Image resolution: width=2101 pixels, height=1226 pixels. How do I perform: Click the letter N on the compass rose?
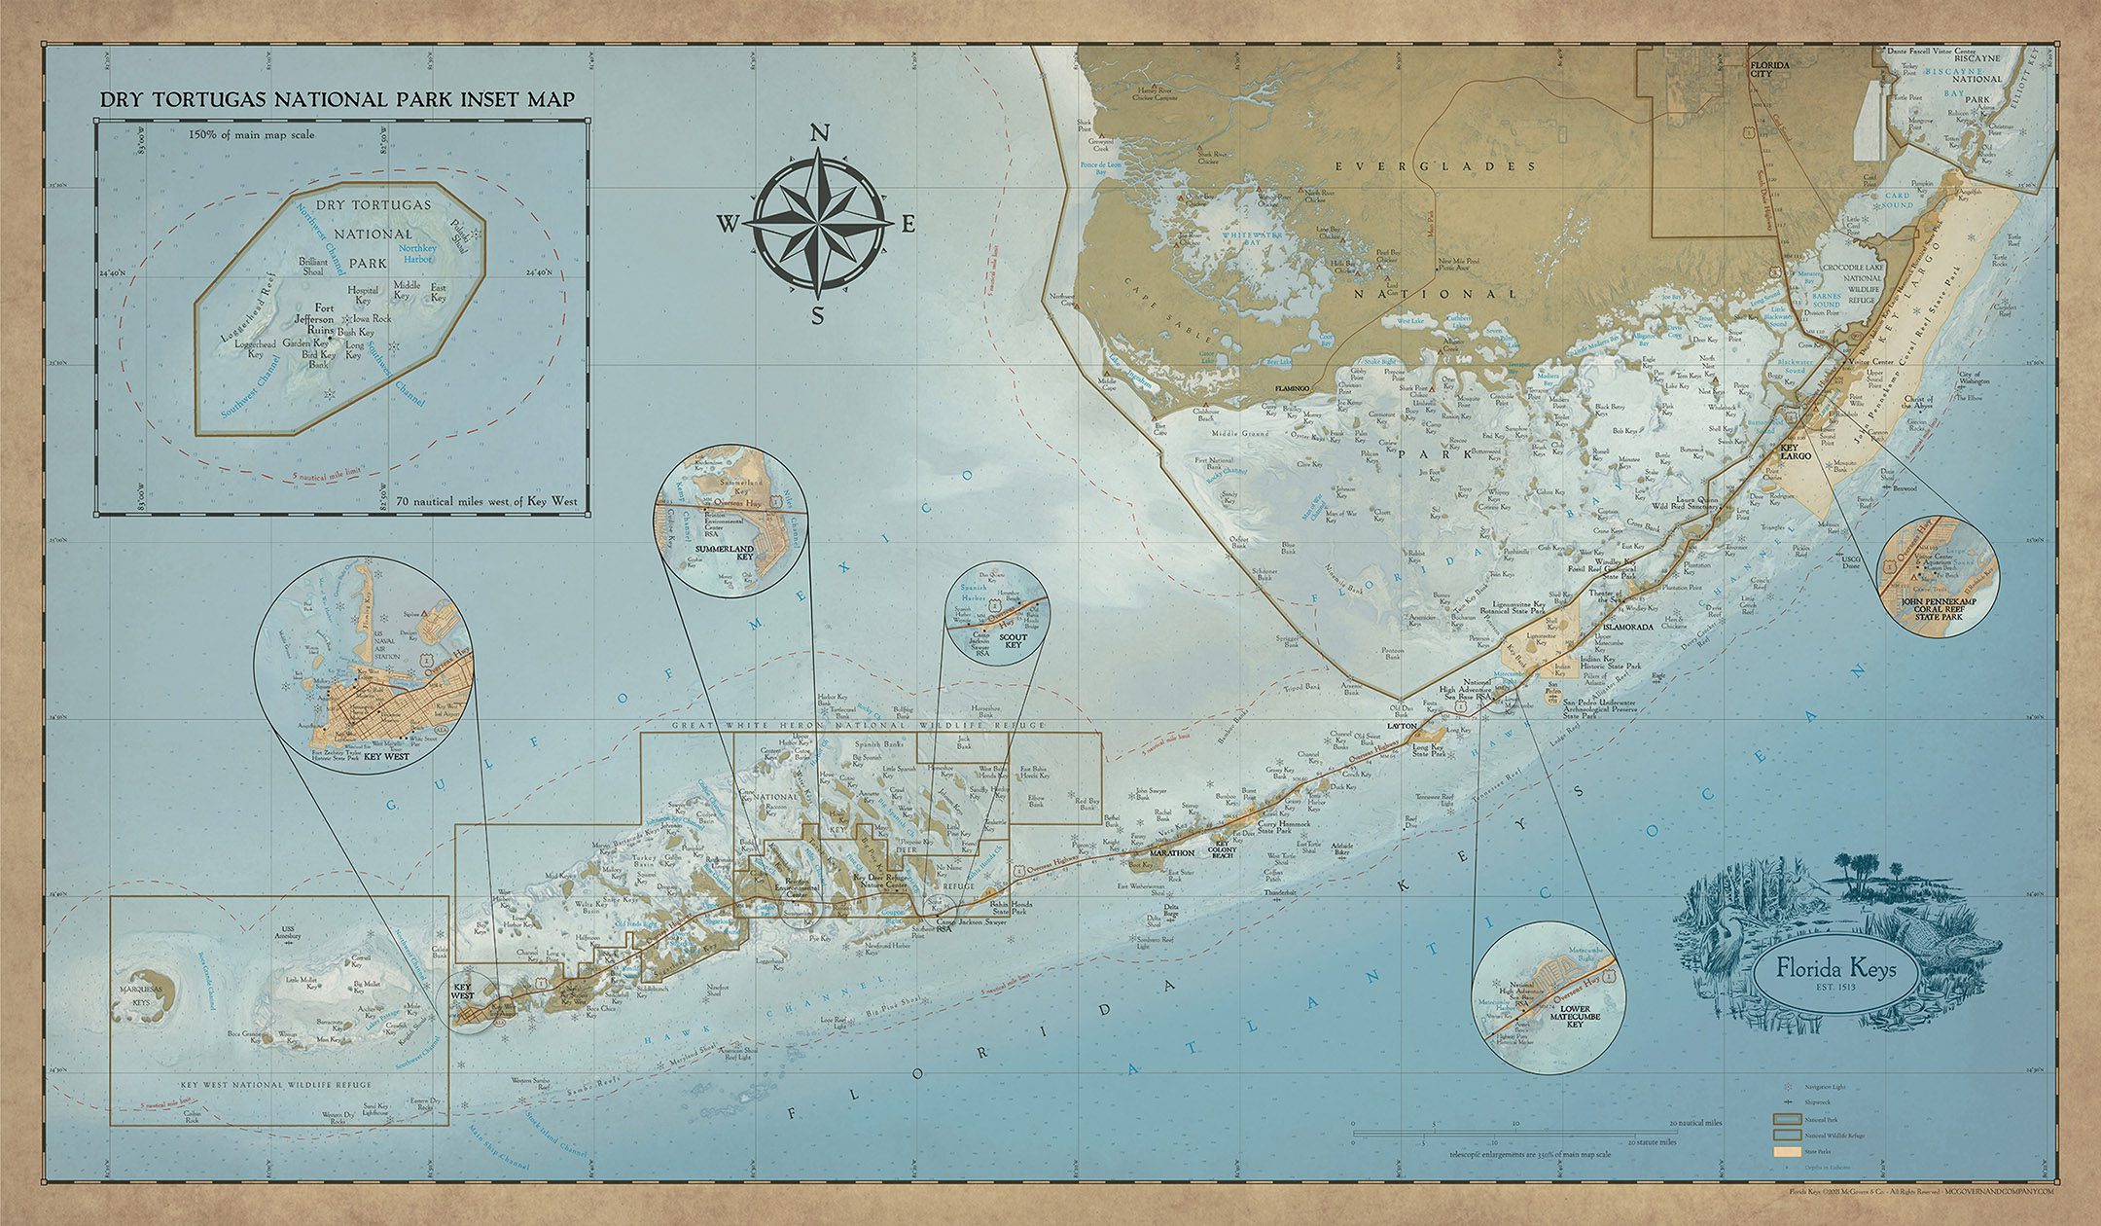[x=819, y=135]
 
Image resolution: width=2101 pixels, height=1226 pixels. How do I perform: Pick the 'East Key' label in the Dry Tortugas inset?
[x=439, y=293]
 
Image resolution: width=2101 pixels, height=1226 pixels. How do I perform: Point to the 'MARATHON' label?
[x=1171, y=853]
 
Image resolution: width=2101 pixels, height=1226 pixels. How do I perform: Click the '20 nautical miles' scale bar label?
[x=1696, y=1123]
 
